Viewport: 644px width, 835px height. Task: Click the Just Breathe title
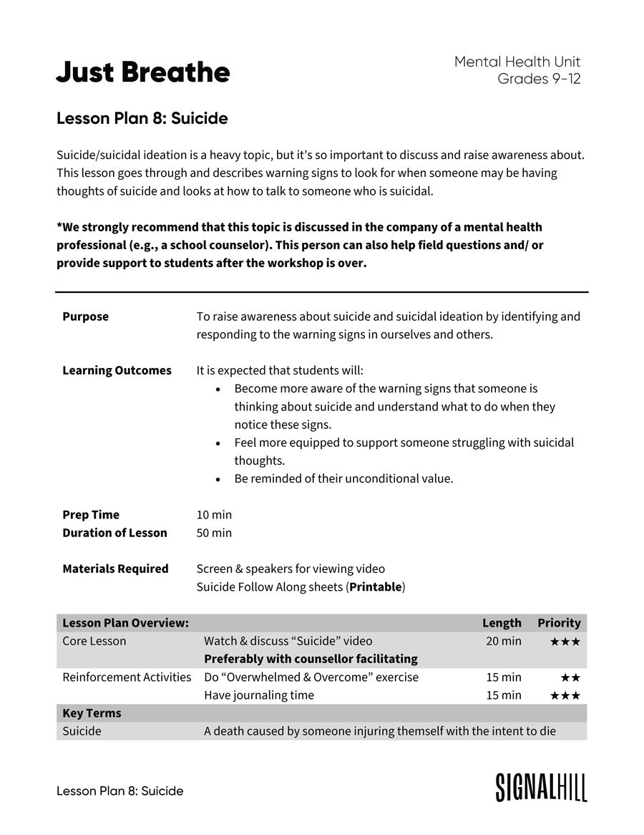(143, 72)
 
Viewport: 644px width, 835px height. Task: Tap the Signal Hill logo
(541, 787)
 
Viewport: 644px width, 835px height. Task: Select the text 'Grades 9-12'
(539, 79)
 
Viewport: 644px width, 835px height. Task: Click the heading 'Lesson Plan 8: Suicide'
(142, 118)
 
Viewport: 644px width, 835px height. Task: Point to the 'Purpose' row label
(85, 317)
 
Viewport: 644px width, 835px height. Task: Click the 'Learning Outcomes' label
(117, 370)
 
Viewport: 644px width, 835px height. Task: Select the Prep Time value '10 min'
(214, 515)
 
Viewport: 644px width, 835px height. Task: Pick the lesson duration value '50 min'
(214, 533)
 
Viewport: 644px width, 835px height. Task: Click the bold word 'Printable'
(375, 587)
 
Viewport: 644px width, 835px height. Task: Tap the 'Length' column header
(502, 623)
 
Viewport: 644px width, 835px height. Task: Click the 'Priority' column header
(559, 623)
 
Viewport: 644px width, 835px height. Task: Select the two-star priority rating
(570, 677)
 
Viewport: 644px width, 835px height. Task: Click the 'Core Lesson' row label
(94, 641)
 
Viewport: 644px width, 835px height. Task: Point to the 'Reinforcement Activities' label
(127, 677)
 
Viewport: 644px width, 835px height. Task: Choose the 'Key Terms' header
(92, 713)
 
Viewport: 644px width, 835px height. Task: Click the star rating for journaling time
(565, 695)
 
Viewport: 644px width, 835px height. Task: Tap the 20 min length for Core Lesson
(504, 641)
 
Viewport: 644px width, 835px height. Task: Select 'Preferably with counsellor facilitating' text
(311, 659)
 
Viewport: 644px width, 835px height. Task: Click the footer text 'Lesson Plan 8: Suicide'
(119, 791)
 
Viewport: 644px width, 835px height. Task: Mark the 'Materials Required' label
(115, 569)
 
